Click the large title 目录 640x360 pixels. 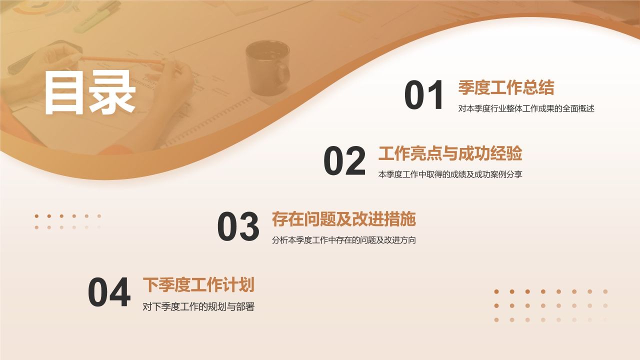tap(90, 92)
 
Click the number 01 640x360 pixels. tap(424, 95)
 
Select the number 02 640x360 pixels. tap(344, 161)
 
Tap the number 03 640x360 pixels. tap(238, 227)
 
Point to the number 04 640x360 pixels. tap(109, 293)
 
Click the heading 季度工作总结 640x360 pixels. tap(506, 88)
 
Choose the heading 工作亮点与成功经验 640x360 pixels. tap(450, 154)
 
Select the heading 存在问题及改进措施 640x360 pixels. tap(344, 219)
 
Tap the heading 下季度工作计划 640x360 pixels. tap(198, 285)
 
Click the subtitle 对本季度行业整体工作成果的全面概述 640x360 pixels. tap(526, 108)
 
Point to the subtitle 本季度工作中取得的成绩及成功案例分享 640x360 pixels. tap(450, 174)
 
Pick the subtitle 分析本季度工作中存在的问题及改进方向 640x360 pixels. tap(344, 240)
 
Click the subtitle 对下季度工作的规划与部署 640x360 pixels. tap(198, 306)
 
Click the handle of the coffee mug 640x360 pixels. tap(284, 73)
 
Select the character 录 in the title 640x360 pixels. tap(113, 92)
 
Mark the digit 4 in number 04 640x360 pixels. tap(120, 293)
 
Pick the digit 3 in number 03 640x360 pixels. tap(249, 227)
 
